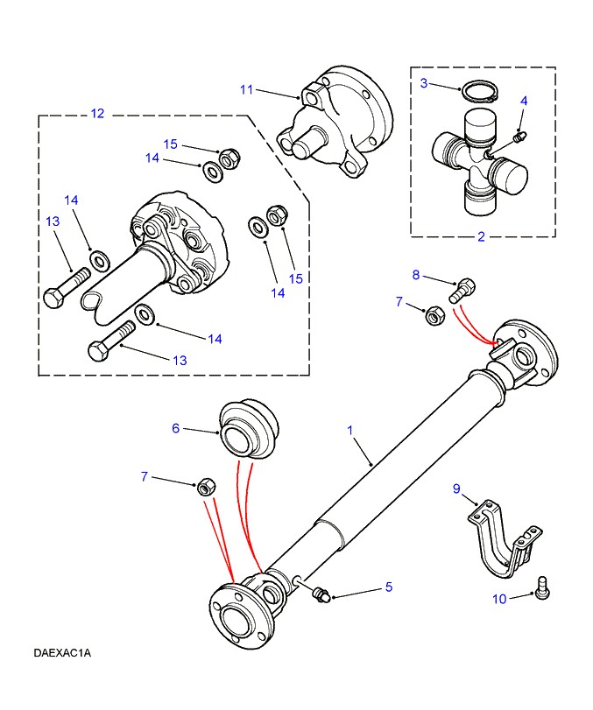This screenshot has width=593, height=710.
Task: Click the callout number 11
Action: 246,88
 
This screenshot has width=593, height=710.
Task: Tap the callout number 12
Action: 97,113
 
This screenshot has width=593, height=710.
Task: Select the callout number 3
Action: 423,83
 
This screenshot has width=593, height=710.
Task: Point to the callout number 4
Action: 524,101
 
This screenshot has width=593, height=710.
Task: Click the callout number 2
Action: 481,236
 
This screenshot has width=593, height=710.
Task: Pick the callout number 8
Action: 417,276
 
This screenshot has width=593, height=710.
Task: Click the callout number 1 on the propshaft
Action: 349,431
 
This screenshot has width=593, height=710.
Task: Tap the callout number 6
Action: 175,428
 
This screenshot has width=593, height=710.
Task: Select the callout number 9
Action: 456,489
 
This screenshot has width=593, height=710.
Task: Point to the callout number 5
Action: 389,588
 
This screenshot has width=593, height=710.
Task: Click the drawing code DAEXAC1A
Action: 63,653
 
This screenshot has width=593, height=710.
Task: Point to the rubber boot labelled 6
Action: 246,428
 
